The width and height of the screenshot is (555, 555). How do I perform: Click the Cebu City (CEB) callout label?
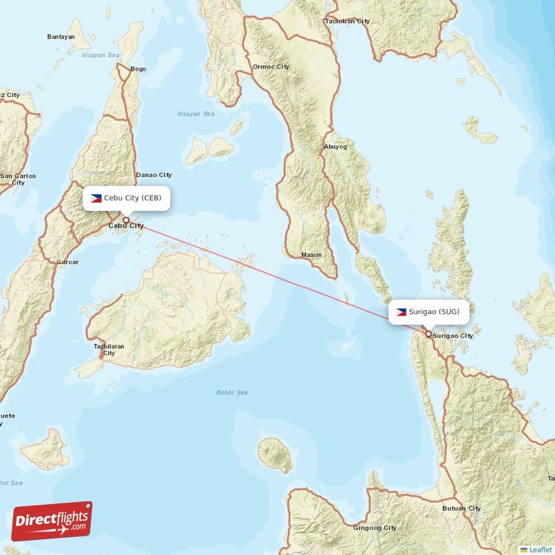point(126,198)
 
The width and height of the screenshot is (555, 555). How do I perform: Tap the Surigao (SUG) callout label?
point(429,311)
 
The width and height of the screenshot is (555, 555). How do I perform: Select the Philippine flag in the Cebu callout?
point(96,198)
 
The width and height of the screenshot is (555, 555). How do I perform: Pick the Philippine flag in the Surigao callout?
point(402,311)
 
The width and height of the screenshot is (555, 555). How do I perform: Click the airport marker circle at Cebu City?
point(126,220)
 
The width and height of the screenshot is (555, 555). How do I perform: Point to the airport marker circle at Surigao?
point(429,334)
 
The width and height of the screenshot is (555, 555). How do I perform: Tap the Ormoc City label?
point(271,67)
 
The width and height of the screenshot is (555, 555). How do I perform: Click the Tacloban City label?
point(348,21)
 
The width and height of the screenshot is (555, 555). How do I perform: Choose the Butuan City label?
point(461,509)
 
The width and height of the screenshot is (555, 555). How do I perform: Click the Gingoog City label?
point(375,528)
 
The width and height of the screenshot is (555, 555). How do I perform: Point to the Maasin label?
point(311,255)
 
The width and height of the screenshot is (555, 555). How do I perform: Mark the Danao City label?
point(154,175)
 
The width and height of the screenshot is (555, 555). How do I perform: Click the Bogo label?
point(138,69)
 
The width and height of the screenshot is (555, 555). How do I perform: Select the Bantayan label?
point(61,37)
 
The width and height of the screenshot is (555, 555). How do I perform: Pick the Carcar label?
point(67,262)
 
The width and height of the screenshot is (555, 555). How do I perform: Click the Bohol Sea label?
point(232,393)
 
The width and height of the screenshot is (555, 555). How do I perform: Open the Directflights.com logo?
point(52,521)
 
